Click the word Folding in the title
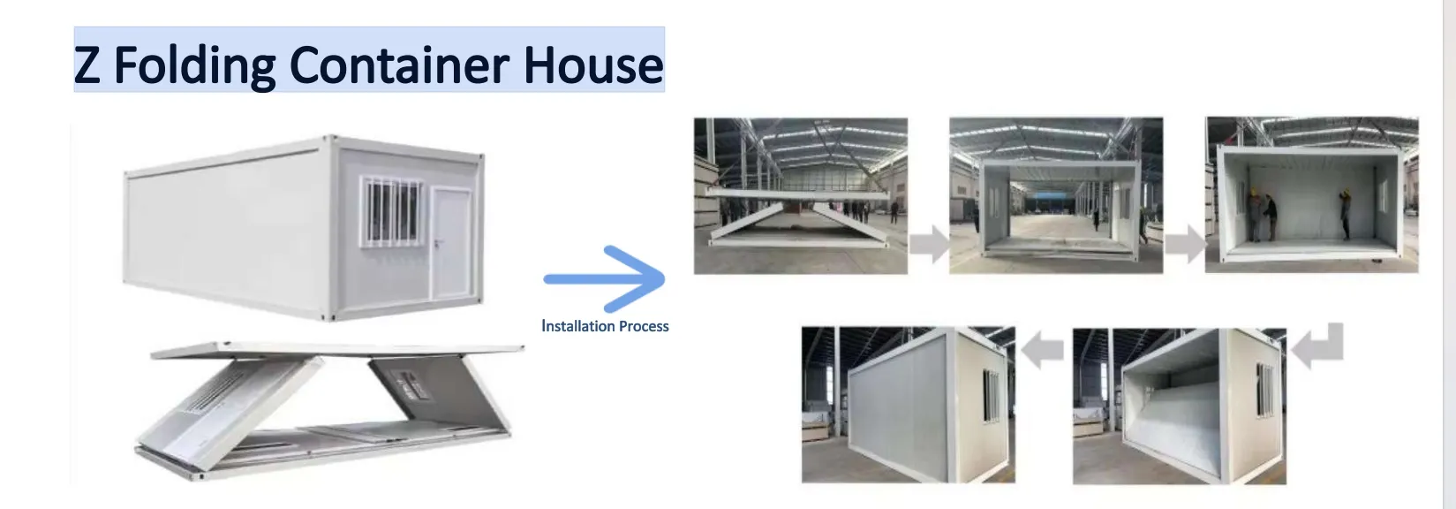point(195,66)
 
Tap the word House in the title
point(592,65)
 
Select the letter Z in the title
point(87,65)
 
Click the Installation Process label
point(605,326)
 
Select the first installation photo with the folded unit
point(800,195)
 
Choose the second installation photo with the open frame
point(1055,195)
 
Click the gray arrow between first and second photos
point(928,244)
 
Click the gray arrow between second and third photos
point(1184,244)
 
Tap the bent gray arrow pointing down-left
point(1318,345)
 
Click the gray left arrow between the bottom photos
point(1043,351)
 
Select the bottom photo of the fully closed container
point(908,405)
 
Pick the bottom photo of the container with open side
point(1179,405)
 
